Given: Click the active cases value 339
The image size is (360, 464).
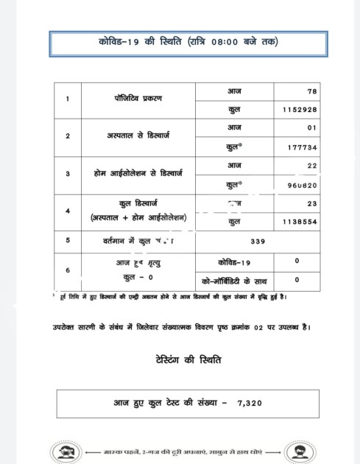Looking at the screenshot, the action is tap(257, 240).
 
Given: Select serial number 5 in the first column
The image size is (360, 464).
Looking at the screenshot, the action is tap(68, 240).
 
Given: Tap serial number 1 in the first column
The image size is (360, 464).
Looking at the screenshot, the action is tap(68, 99).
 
